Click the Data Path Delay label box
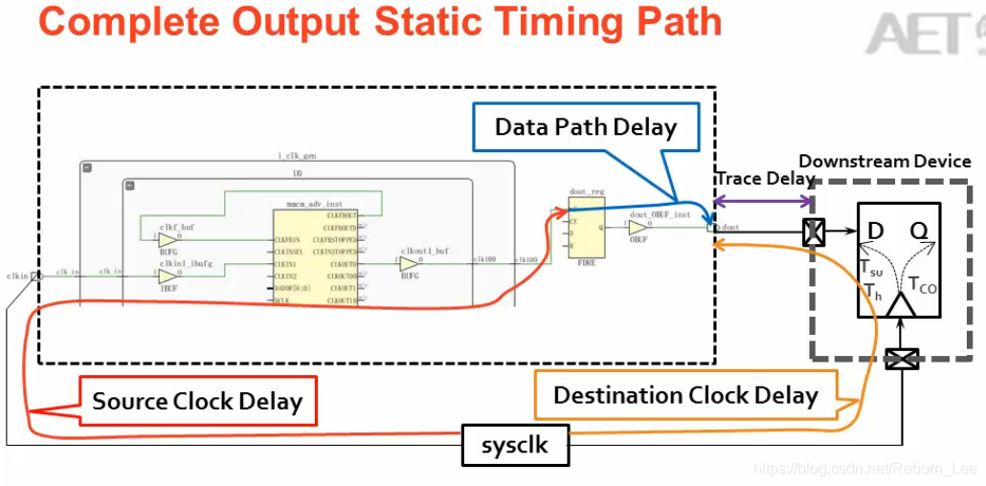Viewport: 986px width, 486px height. (585, 127)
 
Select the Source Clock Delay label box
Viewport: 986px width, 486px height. (197, 402)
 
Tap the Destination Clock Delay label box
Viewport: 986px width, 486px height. (685, 395)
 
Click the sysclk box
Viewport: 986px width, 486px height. (515, 445)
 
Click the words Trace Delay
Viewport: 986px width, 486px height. (765, 179)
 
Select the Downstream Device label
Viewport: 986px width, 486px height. (885, 161)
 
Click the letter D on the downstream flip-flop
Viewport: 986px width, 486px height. (875, 231)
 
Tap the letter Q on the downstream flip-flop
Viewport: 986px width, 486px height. (920, 231)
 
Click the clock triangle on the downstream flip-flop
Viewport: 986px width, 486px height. (900, 305)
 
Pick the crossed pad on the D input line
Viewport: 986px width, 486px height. (814, 232)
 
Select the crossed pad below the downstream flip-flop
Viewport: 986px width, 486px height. (901, 360)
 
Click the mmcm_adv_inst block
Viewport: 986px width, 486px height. (315, 256)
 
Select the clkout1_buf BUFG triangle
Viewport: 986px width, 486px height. (410, 263)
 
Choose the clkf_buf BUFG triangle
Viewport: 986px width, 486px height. (168, 239)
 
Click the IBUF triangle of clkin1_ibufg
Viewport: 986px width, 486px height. (168, 276)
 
